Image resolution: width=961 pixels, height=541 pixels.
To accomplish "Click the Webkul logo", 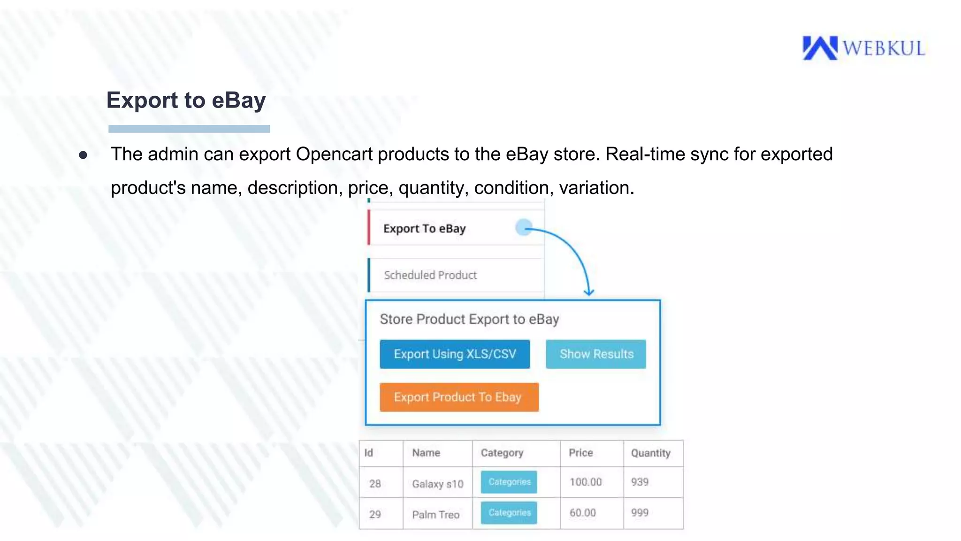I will [x=863, y=48].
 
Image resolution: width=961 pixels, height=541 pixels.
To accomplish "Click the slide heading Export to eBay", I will [x=186, y=100].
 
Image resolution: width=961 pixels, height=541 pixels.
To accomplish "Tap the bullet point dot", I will [x=83, y=155].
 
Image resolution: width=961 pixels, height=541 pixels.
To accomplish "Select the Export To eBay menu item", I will [x=424, y=229].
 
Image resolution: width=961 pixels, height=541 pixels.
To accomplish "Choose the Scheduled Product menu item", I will [x=430, y=275].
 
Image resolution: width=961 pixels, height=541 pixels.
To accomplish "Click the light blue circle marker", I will [x=523, y=228].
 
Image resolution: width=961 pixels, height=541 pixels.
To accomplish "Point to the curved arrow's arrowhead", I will [x=589, y=292].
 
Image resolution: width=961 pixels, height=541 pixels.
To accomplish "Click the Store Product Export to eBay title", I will [x=469, y=319].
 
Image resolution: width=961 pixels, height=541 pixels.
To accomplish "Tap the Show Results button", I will [x=596, y=354].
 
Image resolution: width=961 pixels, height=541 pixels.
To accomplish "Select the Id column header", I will [x=369, y=453].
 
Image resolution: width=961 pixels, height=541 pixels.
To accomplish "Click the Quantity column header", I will [x=650, y=453].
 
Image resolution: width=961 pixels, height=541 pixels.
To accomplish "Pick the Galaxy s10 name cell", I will [x=437, y=484].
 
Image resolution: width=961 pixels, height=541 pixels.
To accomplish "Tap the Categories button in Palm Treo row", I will [x=509, y=513].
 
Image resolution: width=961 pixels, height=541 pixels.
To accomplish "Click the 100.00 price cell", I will [x=585, y=482].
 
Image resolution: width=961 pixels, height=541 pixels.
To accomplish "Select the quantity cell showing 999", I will [x=640, y=513].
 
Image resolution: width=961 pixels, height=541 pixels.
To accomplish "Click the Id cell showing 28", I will [x=374, y=484].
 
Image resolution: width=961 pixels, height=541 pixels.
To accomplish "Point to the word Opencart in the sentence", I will [x=334, y=155].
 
